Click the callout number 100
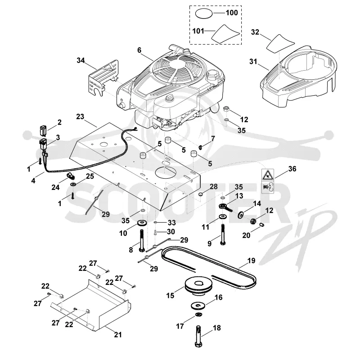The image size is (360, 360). (x=232, y=13)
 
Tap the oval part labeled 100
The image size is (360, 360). (x=204, y=13)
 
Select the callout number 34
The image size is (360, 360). (x=81, y=61)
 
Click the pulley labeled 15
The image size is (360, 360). (x=199, y=285)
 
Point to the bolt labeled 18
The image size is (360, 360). (x=199, y=336)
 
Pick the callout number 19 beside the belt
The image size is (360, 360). (x=252, y=261)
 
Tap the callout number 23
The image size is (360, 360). (x=80, y=117)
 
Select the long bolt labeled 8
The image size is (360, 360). (x=142, y=240)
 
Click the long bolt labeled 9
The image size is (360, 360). (x=223, y=234)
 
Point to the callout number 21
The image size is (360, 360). (x=118, y=335)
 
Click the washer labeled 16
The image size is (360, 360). (x=198, y=306)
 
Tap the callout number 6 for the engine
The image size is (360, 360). (x=139, y=50)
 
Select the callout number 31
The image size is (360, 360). (x=253, y=62)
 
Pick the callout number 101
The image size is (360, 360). (x=198, y=31)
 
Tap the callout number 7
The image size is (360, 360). (x=213, y=139)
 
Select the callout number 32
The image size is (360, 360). (x=255, y=32)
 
